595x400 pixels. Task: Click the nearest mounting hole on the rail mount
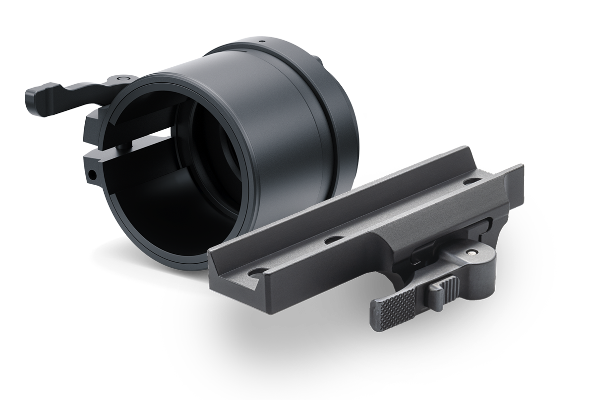(x=257, y=272)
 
